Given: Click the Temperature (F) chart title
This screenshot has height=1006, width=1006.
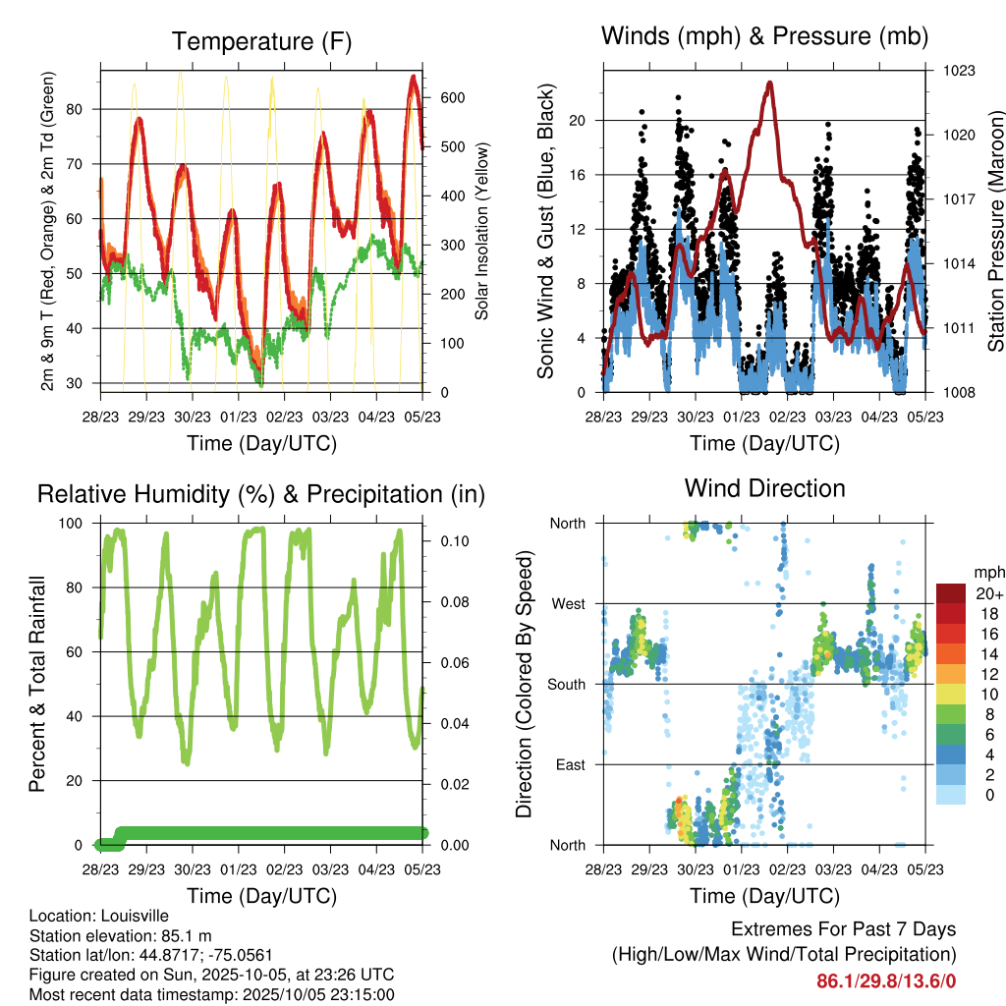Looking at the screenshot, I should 261,41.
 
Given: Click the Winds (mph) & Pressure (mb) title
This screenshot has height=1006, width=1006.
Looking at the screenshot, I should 764,36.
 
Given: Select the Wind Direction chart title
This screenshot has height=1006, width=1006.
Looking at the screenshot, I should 764,487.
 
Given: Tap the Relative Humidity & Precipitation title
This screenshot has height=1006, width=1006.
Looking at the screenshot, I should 261,493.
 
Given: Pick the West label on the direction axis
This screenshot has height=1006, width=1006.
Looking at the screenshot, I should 568,603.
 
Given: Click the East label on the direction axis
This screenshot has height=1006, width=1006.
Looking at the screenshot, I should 570,764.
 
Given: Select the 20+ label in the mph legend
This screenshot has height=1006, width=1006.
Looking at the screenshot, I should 990,593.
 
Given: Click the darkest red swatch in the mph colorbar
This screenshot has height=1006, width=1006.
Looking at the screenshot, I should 952,593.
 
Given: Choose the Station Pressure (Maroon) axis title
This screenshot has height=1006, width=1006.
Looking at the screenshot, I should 995,231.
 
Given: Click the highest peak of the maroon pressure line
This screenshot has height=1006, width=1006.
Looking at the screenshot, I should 769,84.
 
